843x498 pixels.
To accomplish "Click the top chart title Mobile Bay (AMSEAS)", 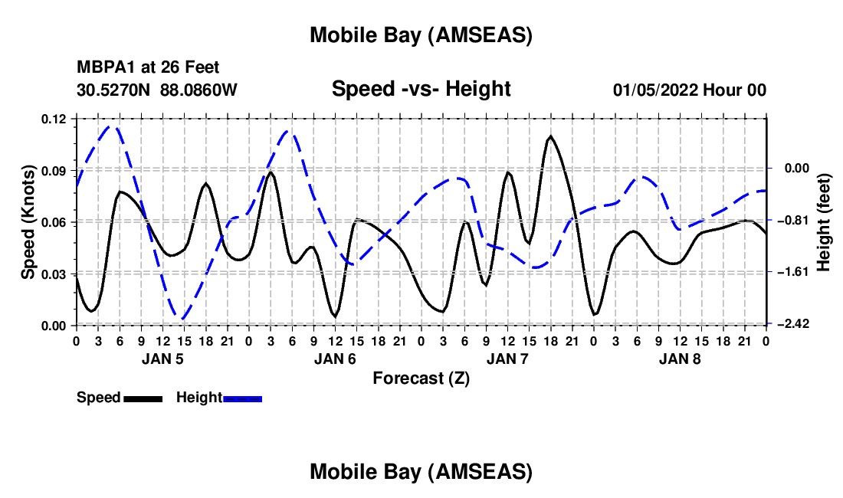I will pos(421,35).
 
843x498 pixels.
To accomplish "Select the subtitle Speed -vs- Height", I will pos(421,89).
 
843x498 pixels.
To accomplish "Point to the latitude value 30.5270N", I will pos(114,90).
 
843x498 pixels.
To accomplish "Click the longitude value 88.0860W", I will pos(198,90).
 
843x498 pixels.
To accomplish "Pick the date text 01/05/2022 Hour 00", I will pos(689,90).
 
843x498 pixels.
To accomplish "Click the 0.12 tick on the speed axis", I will pos(53,119).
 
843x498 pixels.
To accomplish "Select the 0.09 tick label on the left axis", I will pos(53,170).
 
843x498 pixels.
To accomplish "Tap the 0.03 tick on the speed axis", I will pos(53,274).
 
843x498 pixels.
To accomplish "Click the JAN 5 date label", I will pos(162,359).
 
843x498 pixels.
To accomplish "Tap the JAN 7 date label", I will pos(507,359).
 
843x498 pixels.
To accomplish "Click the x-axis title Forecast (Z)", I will pos(421,378).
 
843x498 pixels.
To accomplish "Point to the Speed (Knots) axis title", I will pos(28,221).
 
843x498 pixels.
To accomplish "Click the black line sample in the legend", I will pos(143,398).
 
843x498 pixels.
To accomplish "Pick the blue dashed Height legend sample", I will pos(242,398).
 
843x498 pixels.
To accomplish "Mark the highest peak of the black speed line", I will pos(550,136).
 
